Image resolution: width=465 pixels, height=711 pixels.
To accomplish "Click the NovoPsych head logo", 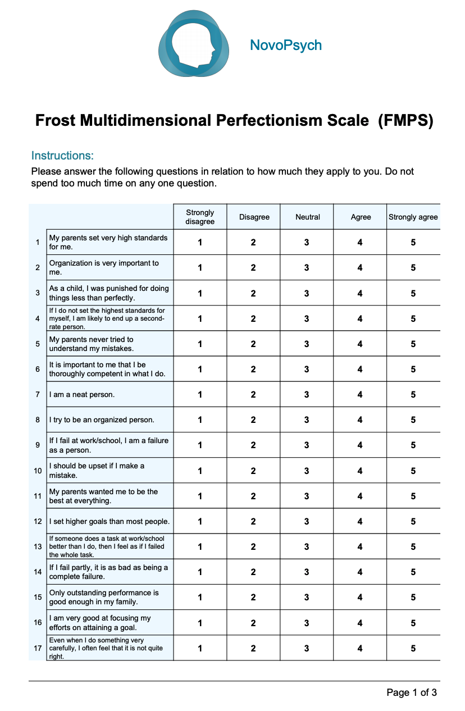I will point(194,44).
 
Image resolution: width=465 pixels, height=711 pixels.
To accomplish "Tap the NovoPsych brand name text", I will point(286,45).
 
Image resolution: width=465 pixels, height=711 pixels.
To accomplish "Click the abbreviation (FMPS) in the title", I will point(405,121).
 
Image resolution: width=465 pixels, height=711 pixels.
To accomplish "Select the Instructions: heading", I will point(62,156).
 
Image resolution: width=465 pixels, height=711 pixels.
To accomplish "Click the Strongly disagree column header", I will point(200,217).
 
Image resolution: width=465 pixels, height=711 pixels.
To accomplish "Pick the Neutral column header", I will point(307,217).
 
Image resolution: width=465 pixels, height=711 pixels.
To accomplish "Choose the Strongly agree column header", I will point(413,217).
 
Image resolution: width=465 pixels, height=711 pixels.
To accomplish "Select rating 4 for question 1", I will point(360,243).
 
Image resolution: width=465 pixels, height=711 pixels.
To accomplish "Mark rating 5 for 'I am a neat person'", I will point(413,395).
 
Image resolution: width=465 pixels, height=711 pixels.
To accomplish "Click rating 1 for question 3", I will point(200,293).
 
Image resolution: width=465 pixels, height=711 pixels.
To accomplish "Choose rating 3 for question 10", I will point(307,471).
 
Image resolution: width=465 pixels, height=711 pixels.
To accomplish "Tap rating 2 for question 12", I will point(253,522).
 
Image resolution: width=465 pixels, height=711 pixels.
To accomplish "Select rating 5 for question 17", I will point(413,648).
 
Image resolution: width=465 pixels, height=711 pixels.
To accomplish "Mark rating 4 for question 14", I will point(360,572).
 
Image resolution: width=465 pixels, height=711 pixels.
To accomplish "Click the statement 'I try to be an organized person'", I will point(102,420).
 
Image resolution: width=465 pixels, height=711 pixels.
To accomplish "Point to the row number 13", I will point(38,547).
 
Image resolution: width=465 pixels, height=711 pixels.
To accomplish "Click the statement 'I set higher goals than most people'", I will point(109,522).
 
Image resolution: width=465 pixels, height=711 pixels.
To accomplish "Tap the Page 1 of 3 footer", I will point(412,692).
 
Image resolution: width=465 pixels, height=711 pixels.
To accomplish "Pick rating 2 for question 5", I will point(253,344).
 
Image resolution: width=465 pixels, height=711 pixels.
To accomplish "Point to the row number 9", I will point(38,445).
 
